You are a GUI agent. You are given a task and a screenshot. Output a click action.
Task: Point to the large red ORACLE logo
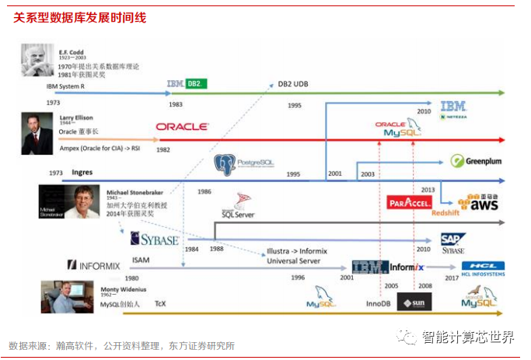181,126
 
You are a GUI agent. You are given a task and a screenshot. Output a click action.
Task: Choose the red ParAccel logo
409,203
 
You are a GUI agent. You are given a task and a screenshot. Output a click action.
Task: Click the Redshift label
446,212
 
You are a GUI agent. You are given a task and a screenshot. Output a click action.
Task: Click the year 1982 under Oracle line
163,149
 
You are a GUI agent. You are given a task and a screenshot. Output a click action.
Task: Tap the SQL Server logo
239,206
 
